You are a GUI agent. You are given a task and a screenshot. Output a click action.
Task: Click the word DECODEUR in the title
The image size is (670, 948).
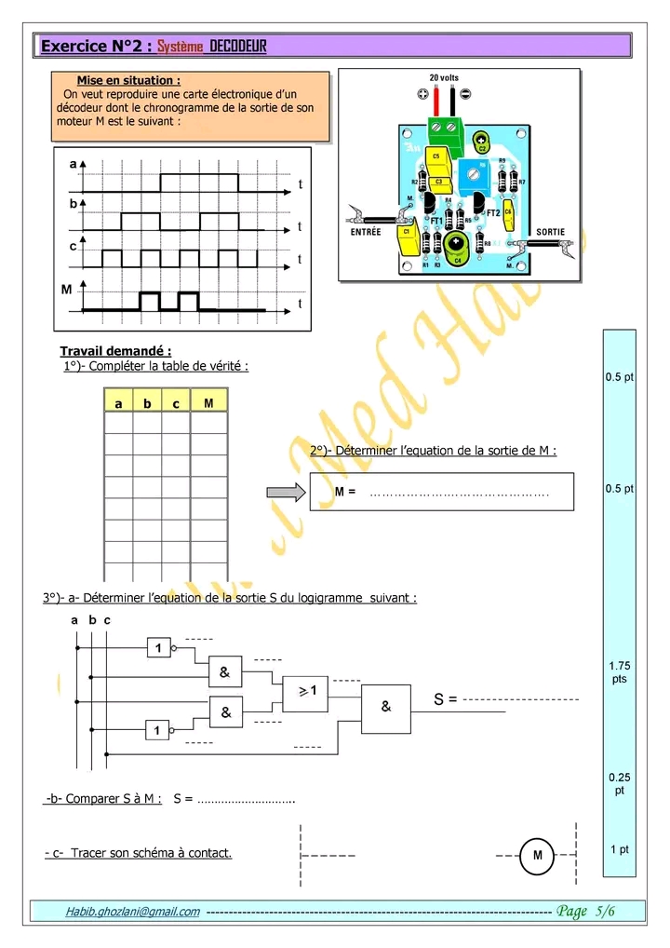pyautogui.click(x=238, y=46)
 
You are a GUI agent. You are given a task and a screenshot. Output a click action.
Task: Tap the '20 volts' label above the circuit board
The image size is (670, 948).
pyautogui.click(x=443, y=78)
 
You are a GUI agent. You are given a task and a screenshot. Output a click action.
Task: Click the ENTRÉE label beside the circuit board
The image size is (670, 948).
pyautogui.click(x=366, y=232)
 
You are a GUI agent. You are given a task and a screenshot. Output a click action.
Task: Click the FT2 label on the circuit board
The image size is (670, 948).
pyautogui.click(x=493, y=212)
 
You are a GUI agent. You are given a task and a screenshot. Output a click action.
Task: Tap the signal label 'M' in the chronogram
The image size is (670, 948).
pyautogui.click(x=66, y=291)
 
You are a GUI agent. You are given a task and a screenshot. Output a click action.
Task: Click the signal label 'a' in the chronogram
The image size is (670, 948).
pyautogui.click(x=73, y=164)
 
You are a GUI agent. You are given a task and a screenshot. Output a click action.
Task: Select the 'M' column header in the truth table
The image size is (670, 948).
pyautogui.click(x=208, y=403)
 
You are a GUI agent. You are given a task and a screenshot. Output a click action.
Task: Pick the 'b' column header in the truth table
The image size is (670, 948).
pyautogui.click(x=147, y=404)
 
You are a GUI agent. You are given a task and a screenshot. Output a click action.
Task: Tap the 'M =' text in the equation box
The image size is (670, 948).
pyautogui.click(x=344, y=492)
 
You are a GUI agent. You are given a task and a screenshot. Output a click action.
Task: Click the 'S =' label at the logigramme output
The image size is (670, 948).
pyautogui.click(x=446, y=698)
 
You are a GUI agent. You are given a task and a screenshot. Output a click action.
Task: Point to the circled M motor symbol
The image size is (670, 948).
pyautogui.click(x=537, y=855)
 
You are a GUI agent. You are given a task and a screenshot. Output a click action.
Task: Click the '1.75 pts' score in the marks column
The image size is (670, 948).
pyautogui.click(x=619, y=671)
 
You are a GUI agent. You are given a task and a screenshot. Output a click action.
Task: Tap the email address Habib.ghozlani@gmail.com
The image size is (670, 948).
pyautogui.click(x=132, y=912)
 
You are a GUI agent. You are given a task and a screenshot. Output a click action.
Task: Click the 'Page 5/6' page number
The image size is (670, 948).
pyautogui.click(x=585, y=911)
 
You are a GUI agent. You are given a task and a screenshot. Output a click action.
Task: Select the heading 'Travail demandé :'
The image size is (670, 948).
pyautogui.click(x=115, y=351)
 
